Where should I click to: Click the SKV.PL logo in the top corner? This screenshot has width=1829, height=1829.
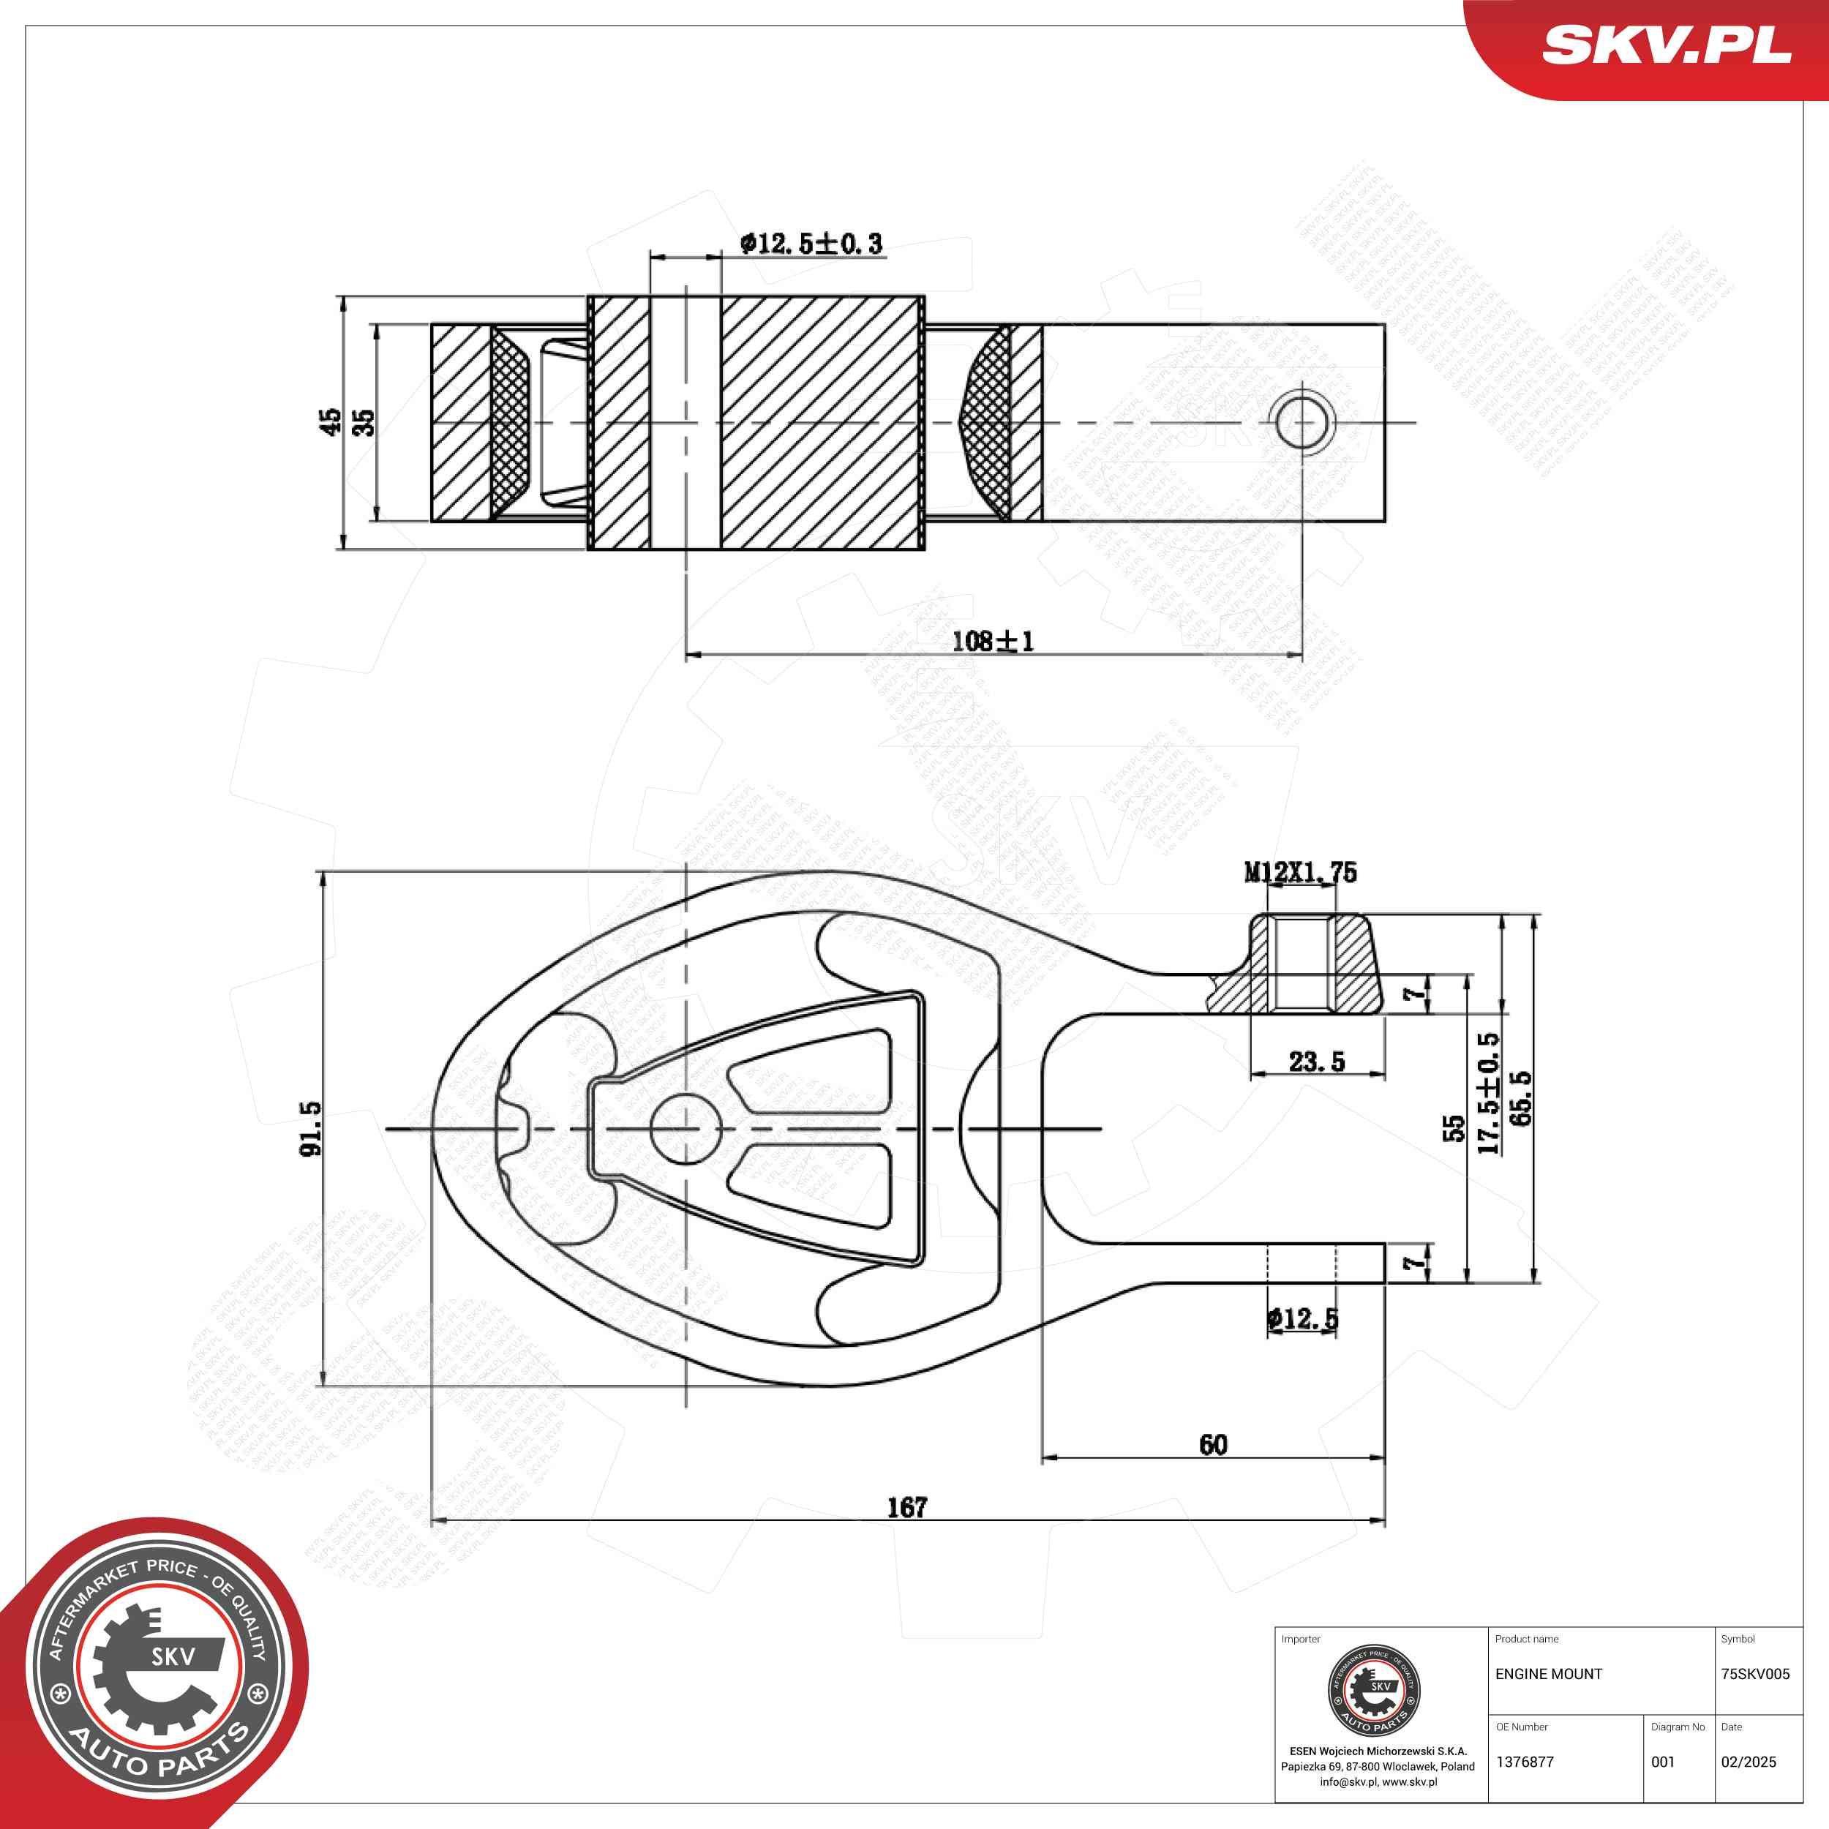pyautogui.click(x=1665, y=45)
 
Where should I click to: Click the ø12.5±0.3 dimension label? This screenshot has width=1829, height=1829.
pyautogui.click(x=811, y=244)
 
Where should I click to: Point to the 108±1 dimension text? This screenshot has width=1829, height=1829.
pyautogui.click(x=992, y=642)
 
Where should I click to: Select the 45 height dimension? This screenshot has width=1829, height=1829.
pyautogui.click(x=329, y=422)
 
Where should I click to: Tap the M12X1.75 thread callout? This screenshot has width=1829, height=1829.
pyautogui.click(x=1300, y=872)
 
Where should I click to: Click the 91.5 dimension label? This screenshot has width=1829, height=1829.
pyautogui.click(x=310, y=1127)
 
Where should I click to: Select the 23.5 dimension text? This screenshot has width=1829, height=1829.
pyautogui.click(x=1316, y=1062)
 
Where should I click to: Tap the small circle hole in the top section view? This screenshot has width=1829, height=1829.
pyautogui.click(x=1302, y=422)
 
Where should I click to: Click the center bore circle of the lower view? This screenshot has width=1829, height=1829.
pyautogui.click(x=686, y=1128)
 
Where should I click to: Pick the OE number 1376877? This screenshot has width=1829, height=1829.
pyautogui.click(x=1524, y=1762)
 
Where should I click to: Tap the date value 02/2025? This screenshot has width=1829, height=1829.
pyautogui.click(x=1749, y=1762)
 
